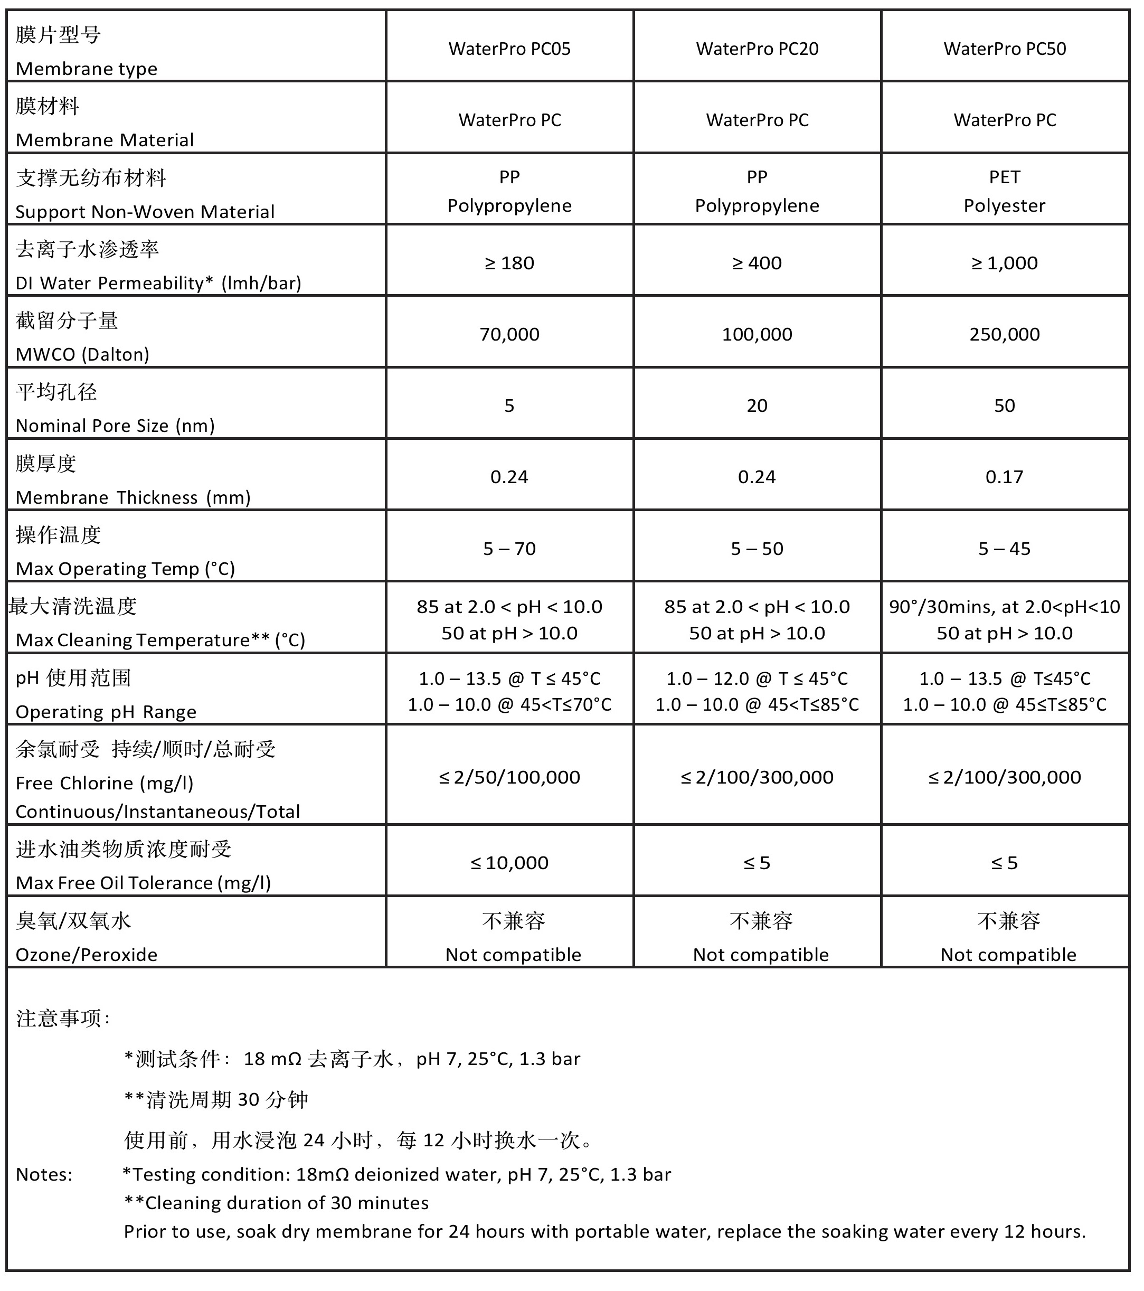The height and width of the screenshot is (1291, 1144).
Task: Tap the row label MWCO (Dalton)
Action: pyautogui.click(x=82, y=354)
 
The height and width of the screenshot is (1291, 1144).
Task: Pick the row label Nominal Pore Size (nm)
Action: pyautogui.click(x=115, y=426)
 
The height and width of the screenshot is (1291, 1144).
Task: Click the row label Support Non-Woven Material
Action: pyautogui.click(x=145, y=212)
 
